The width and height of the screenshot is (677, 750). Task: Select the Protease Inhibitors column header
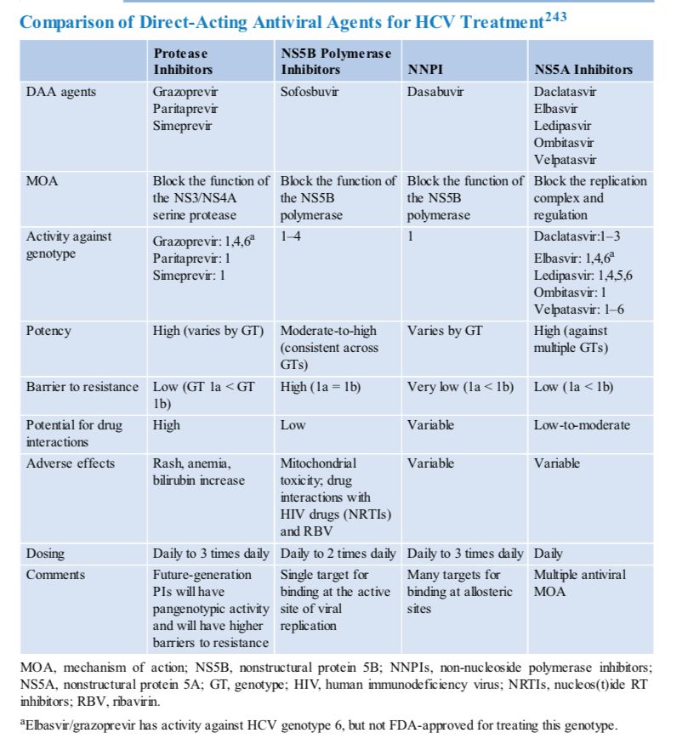pyautogui.click(x=183, y=61)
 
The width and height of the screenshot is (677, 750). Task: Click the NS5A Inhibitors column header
pyautogui.click(x=583, y=70)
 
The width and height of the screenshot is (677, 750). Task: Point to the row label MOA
pyautogui.click(x=43, y=181)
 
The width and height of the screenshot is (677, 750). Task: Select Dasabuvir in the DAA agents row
pyautogui.click(x=435, y=91)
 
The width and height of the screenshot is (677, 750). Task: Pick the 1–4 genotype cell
pyautogui.click(x=291, y=236)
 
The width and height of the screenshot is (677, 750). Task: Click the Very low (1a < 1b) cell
pyautogui.click(x=460, y=387)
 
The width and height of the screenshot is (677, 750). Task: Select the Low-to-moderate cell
pyautogui.click(x=583, y=424)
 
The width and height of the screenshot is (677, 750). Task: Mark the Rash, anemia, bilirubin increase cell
pyautogui.click(x=197, y=472)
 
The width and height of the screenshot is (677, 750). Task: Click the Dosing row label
pyautogui.click(x=44, y=554)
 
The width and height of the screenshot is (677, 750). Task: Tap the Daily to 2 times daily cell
pyautogui.click(x=338, y=554)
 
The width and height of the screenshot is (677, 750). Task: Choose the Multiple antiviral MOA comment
pyautogui.click(x=579, y=582)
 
